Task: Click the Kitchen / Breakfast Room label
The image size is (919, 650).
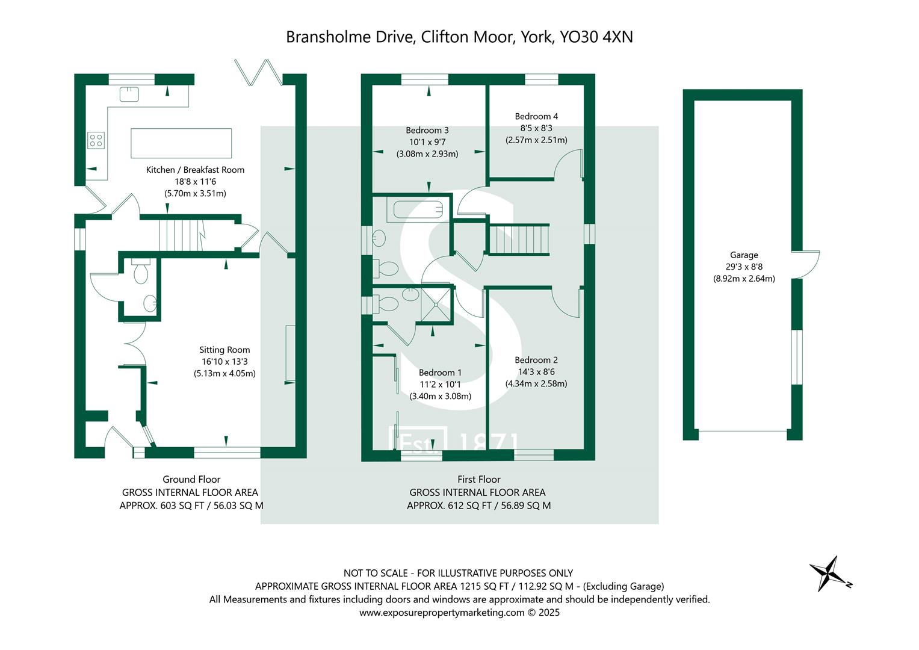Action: [195, 170]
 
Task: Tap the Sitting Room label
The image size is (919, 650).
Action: [224, 350]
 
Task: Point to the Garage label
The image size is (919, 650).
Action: [744, 255]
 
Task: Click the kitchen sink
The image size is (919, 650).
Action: [129, 94]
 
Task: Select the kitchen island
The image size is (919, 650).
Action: [181, 143]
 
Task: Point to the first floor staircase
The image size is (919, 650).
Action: [518, 239]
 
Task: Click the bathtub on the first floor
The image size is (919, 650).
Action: [419, 210]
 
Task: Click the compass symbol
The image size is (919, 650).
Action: [828, 572]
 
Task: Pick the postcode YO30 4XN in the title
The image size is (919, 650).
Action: [596, 37]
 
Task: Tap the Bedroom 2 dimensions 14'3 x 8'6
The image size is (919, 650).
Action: [536, 372]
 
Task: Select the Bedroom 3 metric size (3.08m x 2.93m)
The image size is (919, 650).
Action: [427, 154]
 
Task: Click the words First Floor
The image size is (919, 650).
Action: [478, 479]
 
